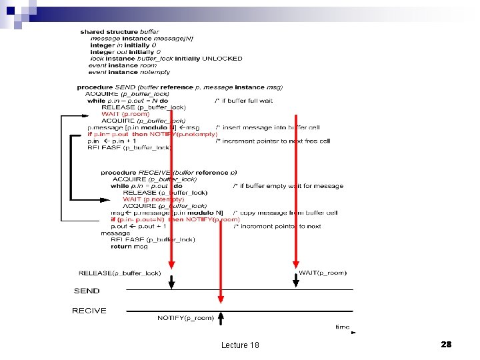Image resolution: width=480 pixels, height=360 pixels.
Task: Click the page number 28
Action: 446,344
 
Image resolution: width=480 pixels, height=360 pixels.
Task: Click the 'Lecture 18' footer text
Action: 240,345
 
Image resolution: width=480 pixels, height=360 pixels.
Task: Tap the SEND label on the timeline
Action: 87,291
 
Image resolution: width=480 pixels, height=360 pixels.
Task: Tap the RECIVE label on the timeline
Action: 89,311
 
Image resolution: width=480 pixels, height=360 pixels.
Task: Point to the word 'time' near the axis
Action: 342,327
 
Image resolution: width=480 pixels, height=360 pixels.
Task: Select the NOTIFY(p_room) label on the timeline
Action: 185,318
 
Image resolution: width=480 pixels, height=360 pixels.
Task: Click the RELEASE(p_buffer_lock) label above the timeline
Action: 119,273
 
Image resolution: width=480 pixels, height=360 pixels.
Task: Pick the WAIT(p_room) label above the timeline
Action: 323,272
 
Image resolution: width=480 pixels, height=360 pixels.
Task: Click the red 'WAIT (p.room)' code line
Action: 125,114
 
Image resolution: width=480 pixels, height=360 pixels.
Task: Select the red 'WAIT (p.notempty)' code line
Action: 153,199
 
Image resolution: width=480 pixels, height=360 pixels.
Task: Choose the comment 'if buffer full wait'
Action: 243,101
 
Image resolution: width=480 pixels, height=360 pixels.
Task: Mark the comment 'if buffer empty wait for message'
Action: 288,186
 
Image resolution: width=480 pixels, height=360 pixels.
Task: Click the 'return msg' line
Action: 129,247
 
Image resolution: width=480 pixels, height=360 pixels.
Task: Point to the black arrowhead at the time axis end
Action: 353,332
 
